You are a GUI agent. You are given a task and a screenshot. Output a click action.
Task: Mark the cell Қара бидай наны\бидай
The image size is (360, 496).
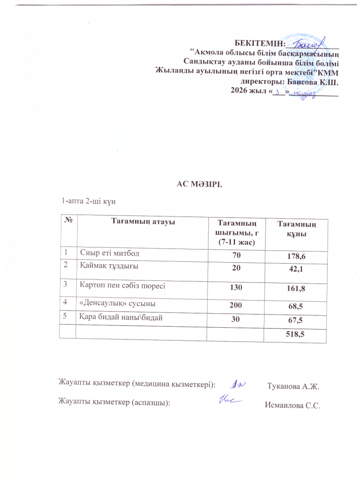[121, 316]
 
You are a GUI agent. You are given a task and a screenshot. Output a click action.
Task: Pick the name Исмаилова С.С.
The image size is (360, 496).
[292, 405]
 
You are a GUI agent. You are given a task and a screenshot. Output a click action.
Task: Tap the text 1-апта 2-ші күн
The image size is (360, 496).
[88, 201]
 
